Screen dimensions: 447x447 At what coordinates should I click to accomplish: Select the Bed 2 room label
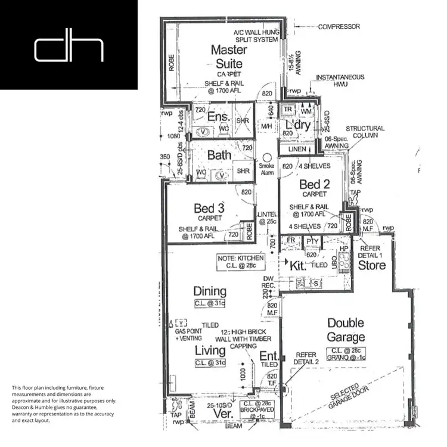coord(314,184)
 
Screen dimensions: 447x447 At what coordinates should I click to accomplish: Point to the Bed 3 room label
coord(209,208)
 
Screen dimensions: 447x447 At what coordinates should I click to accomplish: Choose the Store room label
coord(372,266)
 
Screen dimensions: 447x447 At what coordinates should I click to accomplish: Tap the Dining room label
coord(210,291)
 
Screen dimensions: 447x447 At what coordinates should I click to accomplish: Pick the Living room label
coord(210,350)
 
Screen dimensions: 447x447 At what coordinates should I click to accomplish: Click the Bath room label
coord(219,155)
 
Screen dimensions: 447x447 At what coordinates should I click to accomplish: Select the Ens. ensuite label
coord(219,117)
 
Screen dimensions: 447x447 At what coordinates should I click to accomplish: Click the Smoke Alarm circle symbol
coord(266,153)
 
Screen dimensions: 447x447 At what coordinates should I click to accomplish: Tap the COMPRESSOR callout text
coord(339,27)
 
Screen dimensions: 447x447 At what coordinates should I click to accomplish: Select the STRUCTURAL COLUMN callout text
coord(365,132)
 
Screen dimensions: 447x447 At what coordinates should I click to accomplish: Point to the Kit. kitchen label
coord(297,266)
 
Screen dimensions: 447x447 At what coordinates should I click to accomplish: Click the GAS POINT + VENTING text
coord(190,334)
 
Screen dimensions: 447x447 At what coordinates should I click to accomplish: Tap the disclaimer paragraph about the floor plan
coord(64,403)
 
